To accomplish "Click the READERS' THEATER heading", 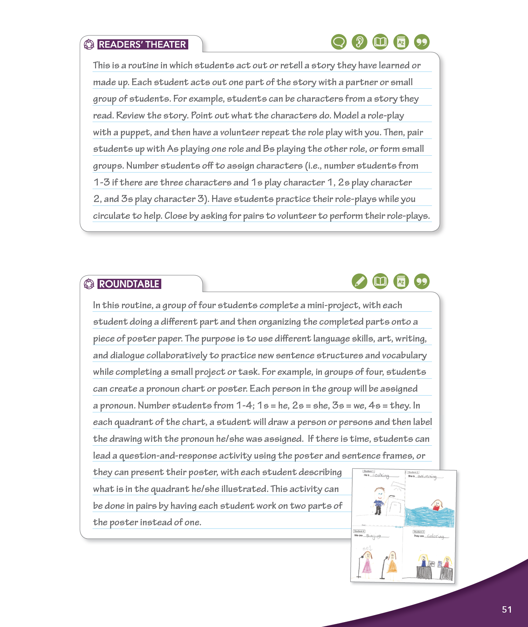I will pos(142,45).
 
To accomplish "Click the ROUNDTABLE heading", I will pos(129,284).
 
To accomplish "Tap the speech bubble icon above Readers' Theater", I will pos(339,42).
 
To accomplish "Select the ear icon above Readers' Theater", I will pos(359,42).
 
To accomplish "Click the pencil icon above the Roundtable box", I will pos(359,282).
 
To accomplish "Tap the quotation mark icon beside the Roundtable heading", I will pos(422,282).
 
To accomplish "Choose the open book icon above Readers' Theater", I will pos(380,42).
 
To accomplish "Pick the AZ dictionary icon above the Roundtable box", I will pos(401,282).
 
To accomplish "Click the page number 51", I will pos(507,609).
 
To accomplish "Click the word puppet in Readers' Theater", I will pos(135,133).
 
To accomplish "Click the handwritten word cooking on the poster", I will pos(381,476).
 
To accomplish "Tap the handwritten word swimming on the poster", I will pos(427,477).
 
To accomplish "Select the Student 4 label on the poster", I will pos(359,531).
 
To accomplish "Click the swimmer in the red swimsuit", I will pos(437,505).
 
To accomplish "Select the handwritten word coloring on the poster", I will pos(435,536).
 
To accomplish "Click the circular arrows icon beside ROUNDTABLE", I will pos(89,284).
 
